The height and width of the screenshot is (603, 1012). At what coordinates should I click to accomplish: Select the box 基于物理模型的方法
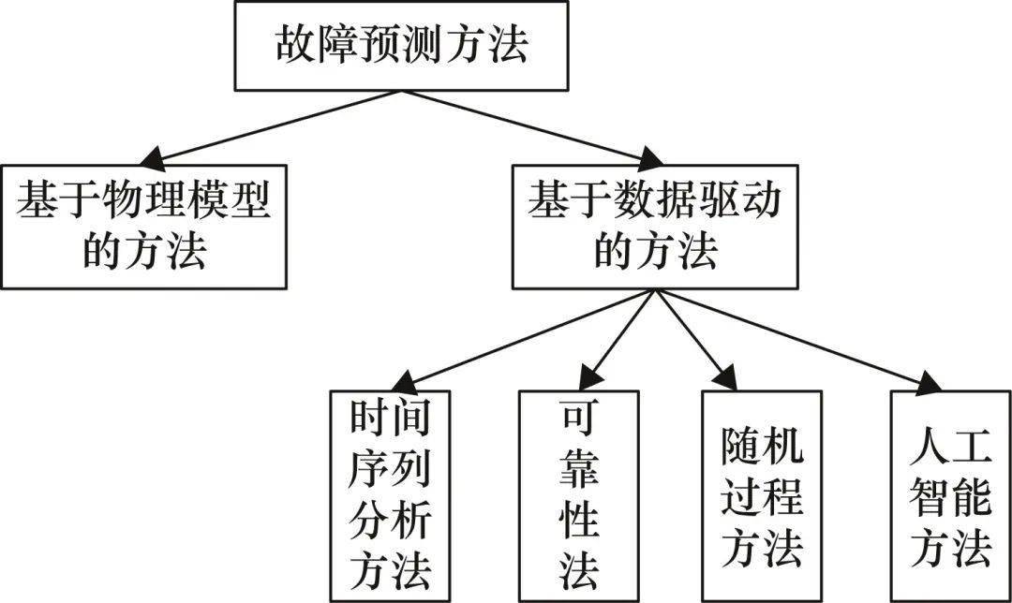[x=143, y=227]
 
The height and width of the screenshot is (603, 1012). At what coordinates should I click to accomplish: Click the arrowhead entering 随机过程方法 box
[x=727, y=380]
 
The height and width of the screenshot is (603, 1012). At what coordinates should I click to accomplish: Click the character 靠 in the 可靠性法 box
[x=579, y=471]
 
